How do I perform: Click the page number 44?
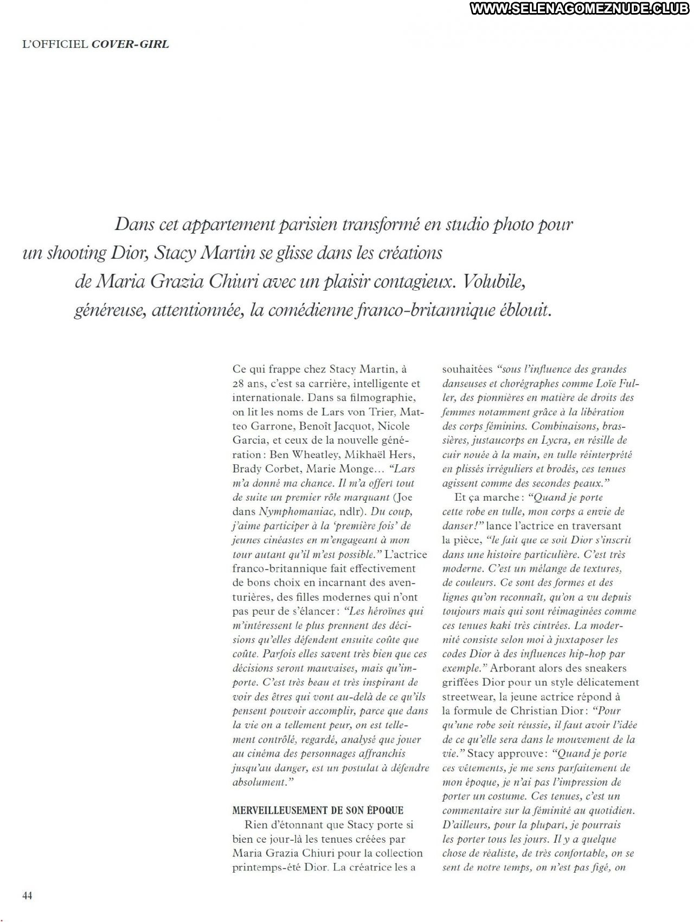tap(27, 895)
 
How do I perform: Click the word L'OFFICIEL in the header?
tap(55, 44)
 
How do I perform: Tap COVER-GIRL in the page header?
tap(131, 44)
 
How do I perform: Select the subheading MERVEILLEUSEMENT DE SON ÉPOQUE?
tap(318, 810)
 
